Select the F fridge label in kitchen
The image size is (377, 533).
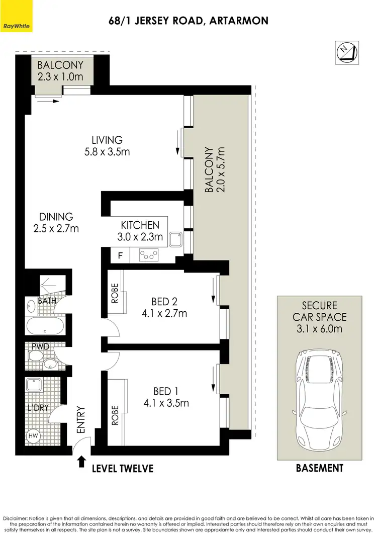pos(120,255)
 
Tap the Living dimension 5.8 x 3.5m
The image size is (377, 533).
pos(107,151)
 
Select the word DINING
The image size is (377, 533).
pos(56,217)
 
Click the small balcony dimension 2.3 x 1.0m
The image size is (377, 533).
pos(60,77)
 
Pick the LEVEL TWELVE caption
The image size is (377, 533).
pos(122,469)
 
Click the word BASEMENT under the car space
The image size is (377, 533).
pos(319,468)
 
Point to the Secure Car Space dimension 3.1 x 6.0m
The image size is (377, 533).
pos(319,329)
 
